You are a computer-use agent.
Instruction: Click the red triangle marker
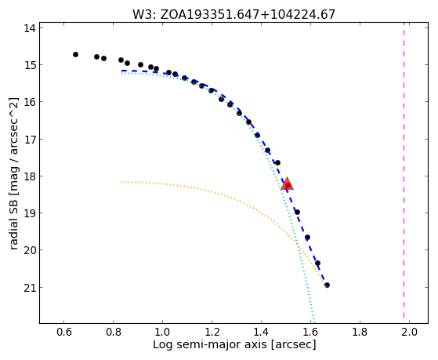click(287, 184)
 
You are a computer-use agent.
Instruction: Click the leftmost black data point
click(75, 54)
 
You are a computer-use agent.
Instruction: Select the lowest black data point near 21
click(327, 285)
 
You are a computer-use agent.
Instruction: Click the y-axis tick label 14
click(29, 28)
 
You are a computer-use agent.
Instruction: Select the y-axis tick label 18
click(29, 176)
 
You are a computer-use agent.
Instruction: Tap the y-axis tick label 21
click(29, 288)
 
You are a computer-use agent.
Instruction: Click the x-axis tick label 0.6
click(64, 332)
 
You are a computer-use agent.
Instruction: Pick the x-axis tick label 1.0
click(162, 332)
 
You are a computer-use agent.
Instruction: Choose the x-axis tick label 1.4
click(261, 332)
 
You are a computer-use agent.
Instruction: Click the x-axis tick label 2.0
click(409, 332)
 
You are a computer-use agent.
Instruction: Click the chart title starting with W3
click(233, 15)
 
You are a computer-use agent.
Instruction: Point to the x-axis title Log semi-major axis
click(234, 344)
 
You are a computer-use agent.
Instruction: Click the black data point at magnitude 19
click(297, 212)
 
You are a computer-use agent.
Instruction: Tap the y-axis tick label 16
click(29, 102)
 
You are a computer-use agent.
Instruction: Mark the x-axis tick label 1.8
click(360, 332)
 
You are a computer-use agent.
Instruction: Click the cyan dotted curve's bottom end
click(314, 322)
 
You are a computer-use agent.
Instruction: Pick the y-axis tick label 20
click(29, 250)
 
